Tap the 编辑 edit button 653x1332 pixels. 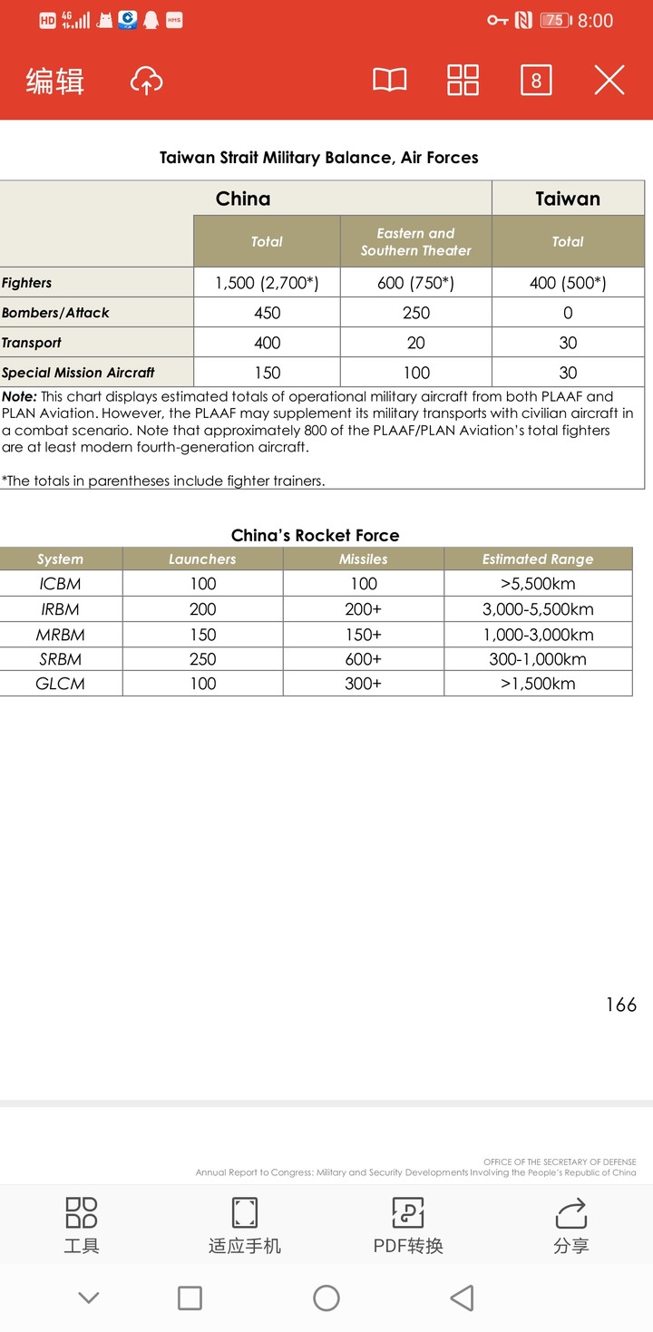tap(55, 81)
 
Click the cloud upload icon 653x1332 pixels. tap(146, 81)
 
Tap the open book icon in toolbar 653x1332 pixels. tap(390, 81)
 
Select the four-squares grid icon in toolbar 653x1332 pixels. tap(463, 81)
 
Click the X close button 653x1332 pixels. tap(609, 81)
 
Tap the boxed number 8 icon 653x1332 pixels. tap(536, 81)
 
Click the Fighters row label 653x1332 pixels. tap(27, 283)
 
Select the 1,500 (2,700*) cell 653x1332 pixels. tap(267, 283)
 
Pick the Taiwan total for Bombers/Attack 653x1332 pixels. tap(568, 313)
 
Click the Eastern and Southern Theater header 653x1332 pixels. tap(415, 241)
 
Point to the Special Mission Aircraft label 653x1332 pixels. tap(78, 373)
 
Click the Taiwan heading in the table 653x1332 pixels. tap(568, 199)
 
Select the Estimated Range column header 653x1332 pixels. tap(538, 559)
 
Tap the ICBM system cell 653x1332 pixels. tap(61, 584)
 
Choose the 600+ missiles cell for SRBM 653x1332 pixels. tap(364, 659)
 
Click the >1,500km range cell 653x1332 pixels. tap(538, 684)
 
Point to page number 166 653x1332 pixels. tap(621, 1005)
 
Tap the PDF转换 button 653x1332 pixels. tap(408, 1225)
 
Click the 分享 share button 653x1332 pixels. tap(571, 1225)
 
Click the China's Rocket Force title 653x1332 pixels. tap(315, 535)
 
